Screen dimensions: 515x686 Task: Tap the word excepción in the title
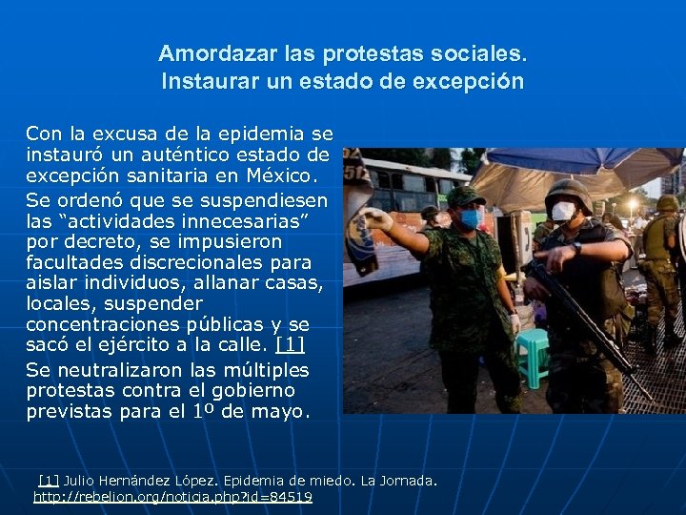tap(471, 82)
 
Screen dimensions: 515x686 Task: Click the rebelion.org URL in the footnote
tap(172, 497)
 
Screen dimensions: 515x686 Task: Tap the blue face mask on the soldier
tap(471, 219)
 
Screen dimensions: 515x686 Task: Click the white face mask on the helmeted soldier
tap(564, 211)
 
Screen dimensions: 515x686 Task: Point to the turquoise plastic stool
tap(533, 353)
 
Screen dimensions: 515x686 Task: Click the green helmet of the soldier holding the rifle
tap(568, 188)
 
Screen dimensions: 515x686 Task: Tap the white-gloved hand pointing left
tap(378, 220)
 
